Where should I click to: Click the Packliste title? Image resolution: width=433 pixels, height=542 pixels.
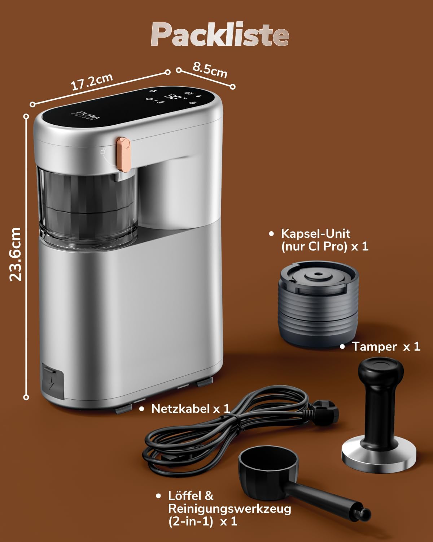click(220, 34)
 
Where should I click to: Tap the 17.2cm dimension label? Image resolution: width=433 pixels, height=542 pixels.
click(92, 82)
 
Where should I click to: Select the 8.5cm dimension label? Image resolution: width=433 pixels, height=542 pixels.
click(210, 70)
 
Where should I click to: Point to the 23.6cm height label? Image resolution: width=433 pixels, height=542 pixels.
click(16, 254)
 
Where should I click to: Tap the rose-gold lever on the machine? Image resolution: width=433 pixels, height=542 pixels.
click(123, 154)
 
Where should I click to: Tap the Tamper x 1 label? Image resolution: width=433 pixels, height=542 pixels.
click(386, 347)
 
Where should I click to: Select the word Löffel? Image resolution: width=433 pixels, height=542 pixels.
click(185, 496)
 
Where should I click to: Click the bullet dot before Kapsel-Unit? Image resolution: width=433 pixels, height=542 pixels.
click(271, 234)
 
